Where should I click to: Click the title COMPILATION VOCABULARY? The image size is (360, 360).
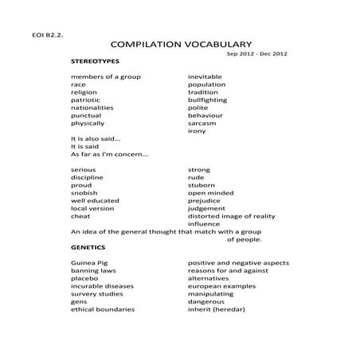(182, 44)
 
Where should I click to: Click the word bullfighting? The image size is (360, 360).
(207, 100)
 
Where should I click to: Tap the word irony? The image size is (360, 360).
(197, 131)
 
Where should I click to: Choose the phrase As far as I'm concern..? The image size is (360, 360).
(109, 155)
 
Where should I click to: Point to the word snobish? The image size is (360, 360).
(84, 193)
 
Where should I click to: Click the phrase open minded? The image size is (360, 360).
(210, 193)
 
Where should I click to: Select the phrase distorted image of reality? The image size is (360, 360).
(231, 216)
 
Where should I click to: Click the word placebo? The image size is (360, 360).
(84, 278)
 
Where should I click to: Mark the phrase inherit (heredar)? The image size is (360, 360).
(216, 309)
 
